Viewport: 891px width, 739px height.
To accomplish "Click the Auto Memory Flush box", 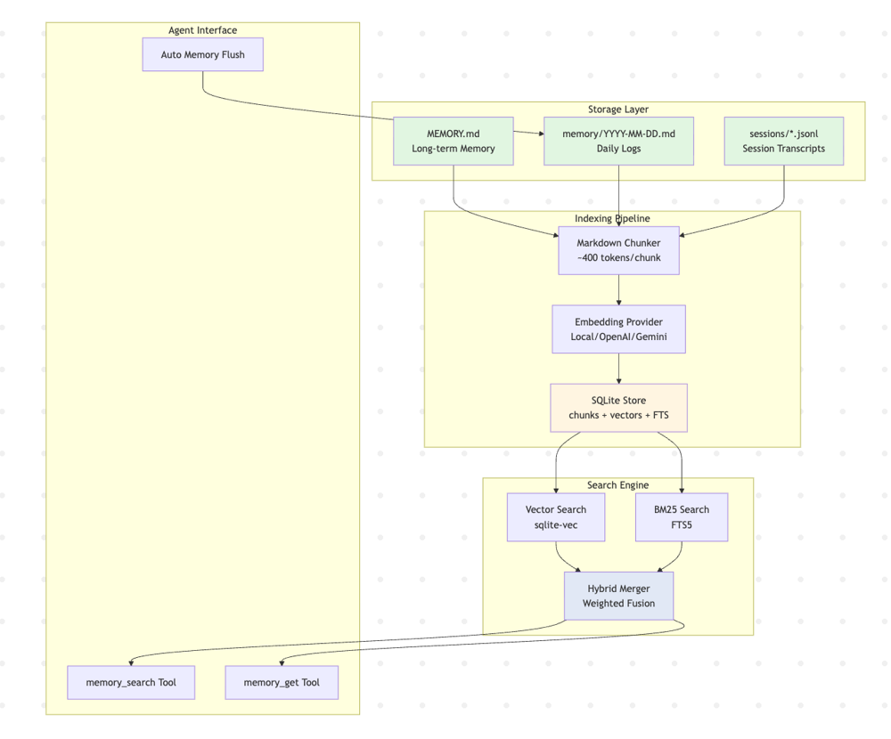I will pyautogui.click(x=202, y=54).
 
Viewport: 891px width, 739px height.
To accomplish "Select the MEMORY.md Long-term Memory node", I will pyautogui.click(x=454, y=141).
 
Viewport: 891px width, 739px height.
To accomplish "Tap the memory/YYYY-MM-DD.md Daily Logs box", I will pyautogui.click(x=618, y=141).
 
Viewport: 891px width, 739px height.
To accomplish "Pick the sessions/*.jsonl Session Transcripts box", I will pyautogui.click(x=783, y=141).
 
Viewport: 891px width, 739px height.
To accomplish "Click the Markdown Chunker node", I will pyautogui.click(x=618, y=250).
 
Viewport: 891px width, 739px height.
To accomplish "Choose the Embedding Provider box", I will pyautogui.click(x=618, y=329).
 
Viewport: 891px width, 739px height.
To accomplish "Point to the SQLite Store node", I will pyautogui.click(x=618, y=407).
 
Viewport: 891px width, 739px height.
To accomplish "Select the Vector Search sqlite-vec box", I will pyautogui.click(x=556, y=516).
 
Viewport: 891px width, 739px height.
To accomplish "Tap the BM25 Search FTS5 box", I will pyautogui.click(x=682, y=516).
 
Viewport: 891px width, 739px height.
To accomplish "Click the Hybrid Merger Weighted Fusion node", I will pyautogui.click(x=618, y=596).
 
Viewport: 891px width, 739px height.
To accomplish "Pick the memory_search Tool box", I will pyautogui.click(x=131, y=682).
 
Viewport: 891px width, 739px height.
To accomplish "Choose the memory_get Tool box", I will pyautogui.click(x=282, y=682).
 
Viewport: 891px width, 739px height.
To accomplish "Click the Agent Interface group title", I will pyautogui.click(x=202, y=30).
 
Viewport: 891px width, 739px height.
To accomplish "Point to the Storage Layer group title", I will pyautogui.click(x=618, y=110).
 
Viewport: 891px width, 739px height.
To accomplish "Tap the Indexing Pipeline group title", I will pyautogui.click(x=612, y=218).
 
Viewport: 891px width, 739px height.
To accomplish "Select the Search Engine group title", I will pyautogui.click(x=618, y=485).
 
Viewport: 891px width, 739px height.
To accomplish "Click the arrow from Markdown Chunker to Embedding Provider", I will pyautogui.click(x=618, y=289).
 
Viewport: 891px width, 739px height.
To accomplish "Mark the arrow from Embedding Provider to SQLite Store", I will pyautogui.click(x=618, y=368).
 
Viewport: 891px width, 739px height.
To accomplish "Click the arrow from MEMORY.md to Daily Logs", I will pyautogui.click(x=529, y=134).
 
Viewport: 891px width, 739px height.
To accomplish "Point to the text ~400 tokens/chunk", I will pyautogui.click(x=618, y=257).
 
